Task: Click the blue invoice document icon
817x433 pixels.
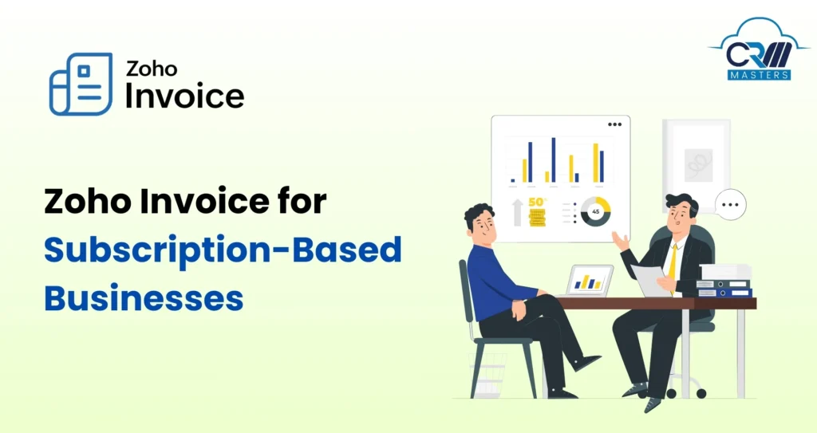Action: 81,84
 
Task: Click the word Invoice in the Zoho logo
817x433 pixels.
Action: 184,95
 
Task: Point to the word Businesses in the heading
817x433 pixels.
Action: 143,297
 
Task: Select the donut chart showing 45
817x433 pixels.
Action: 595,211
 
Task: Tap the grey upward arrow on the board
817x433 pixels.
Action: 517,212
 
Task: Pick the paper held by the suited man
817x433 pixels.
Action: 648,280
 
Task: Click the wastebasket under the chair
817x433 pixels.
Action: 489,374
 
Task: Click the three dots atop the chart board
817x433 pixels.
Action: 614,124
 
